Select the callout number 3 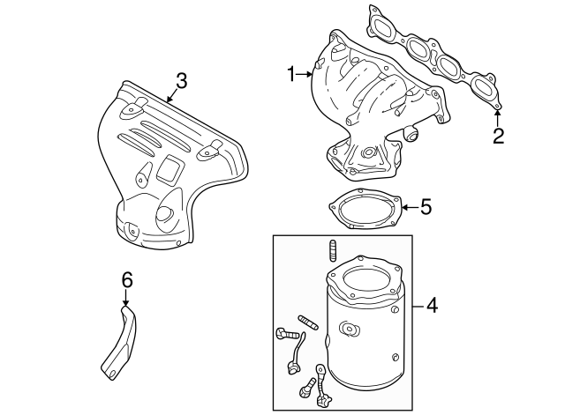coord(180,81)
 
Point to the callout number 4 coord(432,306)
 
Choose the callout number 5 coord(426,208)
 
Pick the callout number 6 coord(126,281)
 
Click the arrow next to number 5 coord(407,208)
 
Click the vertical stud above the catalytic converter coord(333,249)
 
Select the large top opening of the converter coord(365,280)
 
